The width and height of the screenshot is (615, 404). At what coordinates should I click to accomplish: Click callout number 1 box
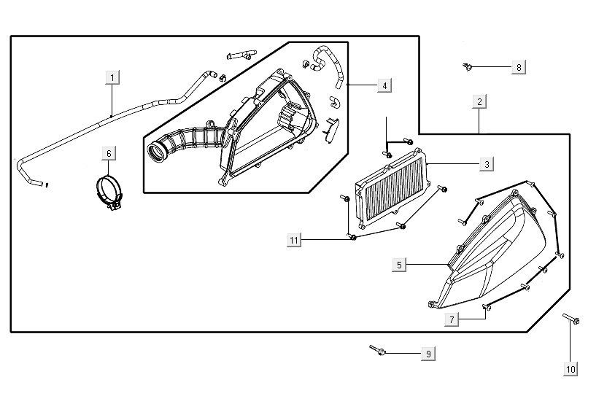coord(112,76)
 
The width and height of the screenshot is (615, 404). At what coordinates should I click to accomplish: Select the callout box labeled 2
coord(479,102)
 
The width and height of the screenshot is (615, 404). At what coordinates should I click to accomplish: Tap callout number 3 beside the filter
coord(487,165)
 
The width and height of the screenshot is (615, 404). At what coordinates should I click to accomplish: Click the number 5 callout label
coord(399,265)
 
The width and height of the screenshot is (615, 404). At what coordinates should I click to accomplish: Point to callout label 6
coord(109,153)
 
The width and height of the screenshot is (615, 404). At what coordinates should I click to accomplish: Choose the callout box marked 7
coord(452,319)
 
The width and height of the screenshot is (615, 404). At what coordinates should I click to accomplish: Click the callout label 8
coord(519,67)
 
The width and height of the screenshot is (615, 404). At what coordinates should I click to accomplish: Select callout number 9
coord(428,354)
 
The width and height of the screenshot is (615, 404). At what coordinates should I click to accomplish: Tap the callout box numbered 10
coord(570,370)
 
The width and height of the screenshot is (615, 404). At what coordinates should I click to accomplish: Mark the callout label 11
coord(294,240)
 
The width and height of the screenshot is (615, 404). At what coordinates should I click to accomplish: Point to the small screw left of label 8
coord(468,67)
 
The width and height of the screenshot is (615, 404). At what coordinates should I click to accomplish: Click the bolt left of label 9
coord(378,351)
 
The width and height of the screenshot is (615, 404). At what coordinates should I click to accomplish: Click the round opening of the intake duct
coord(157,152)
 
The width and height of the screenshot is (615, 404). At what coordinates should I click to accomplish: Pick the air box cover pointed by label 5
coord(496,248)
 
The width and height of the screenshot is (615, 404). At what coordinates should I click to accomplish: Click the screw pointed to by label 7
coord(487,307)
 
